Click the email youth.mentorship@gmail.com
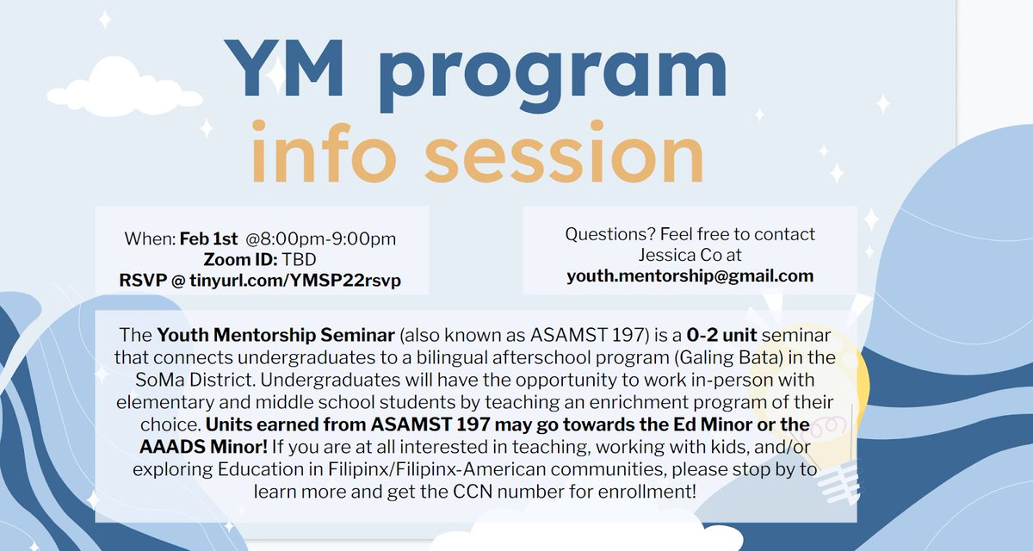point(690,275)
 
